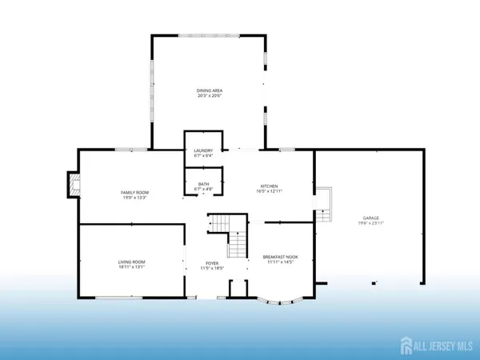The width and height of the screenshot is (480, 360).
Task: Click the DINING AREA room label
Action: (x=208, y=91)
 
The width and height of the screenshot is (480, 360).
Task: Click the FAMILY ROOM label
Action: (x=134, y=193)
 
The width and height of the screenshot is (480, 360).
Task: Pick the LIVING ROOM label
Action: (x=132, y=261)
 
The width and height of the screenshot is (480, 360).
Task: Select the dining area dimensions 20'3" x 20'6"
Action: (x=208, y=97)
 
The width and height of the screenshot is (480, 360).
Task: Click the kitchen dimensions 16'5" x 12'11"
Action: (x=270, y=190)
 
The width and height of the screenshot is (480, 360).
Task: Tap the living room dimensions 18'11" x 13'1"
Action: (x=132, y=266)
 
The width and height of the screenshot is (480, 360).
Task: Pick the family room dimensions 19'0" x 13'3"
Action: (x=134, y=198)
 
